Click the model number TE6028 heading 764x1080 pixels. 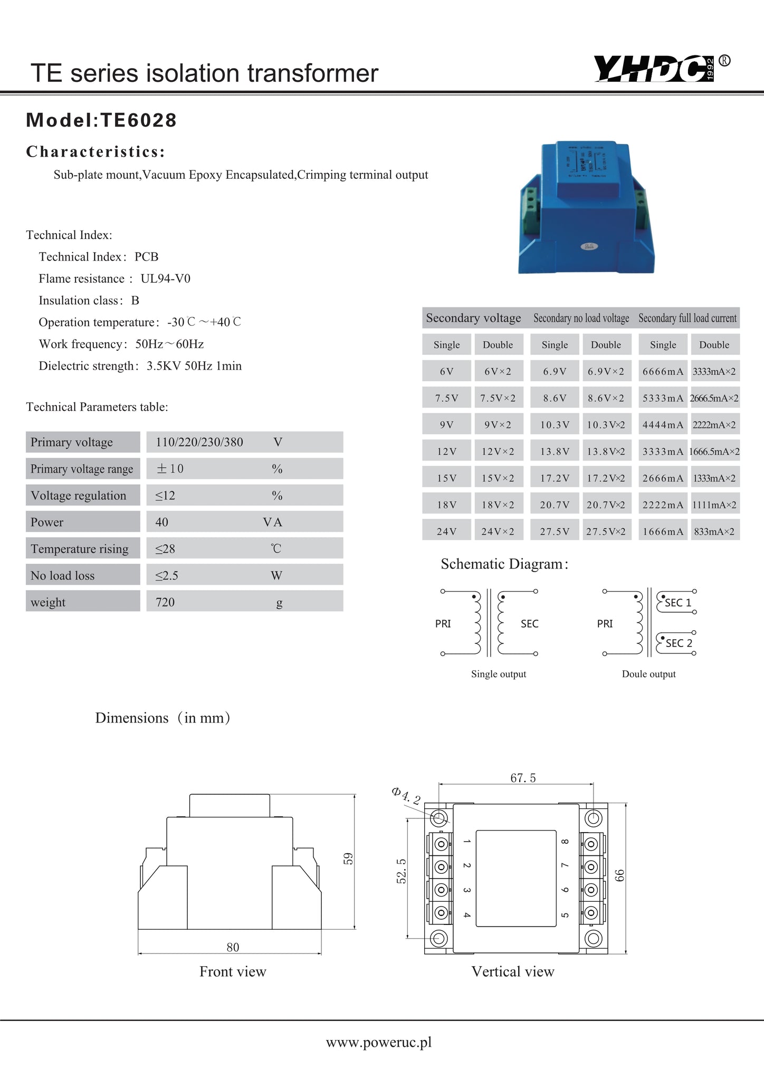(101, 120)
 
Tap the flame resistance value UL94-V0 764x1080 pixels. (165, 278)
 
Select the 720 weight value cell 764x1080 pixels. (165, 602)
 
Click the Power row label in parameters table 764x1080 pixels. (47, 522)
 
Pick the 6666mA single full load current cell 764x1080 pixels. (662, 371)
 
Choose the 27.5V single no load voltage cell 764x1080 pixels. (554, 532)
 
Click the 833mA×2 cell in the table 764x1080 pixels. (714, 532)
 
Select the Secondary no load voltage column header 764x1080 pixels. (581, 318)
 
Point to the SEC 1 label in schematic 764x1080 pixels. (677, 603)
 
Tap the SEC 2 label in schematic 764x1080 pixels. (679, 643)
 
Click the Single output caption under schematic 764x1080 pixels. (498, 674)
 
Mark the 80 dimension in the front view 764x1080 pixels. (233, 947)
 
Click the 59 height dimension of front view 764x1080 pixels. (348, 859)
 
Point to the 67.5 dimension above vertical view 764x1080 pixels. (522, 778)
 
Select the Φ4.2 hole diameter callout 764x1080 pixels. (406, 796)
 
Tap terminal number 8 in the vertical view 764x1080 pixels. (565, 842)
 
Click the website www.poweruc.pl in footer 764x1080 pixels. (378, 1042)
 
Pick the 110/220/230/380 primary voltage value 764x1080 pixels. (199, 442)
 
